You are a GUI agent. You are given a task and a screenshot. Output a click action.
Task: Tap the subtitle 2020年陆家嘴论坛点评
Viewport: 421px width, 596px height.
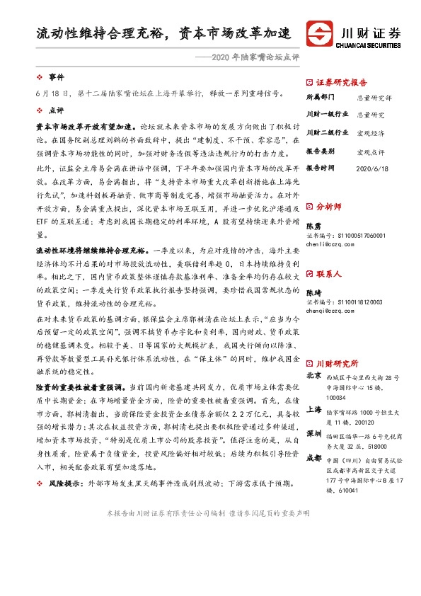pyautogui.click(x=247, y=56)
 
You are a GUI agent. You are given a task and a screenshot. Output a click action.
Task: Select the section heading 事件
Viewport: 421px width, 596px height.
pyautogui.click(x=56, y=76)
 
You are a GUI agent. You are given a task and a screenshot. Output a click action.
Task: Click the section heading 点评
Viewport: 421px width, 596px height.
pyautogui.click(x=56, y=110)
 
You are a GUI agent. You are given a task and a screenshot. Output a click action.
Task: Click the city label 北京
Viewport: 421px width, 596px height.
pyautogui.click(x=313, y=375)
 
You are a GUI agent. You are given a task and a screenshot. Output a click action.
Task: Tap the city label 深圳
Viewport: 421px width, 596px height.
pyautogui.click(x=313, y=433)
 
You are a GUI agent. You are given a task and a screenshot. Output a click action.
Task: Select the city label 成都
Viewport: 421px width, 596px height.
pyautogui.click(x=313, y=457)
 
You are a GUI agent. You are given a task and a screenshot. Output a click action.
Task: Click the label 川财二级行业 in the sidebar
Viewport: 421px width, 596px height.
pyautogui.click(x=327, y=132)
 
